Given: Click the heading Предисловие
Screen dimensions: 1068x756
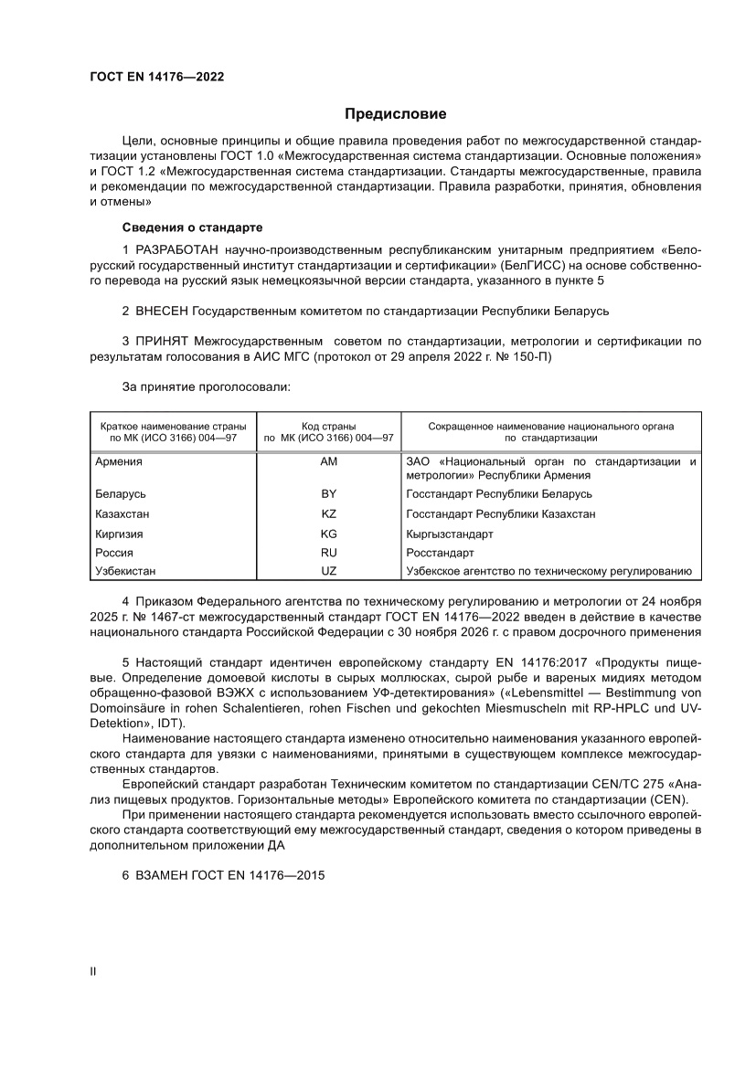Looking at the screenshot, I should coord(395,114).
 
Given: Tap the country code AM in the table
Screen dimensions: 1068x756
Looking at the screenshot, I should coord(329,462).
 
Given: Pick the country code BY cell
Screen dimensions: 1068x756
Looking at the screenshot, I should coord(329,494).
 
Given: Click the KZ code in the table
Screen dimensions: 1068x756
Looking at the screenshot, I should coord(329,514).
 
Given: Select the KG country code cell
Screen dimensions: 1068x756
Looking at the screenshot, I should coord(329,534).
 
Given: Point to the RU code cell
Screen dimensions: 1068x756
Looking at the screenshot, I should coord(329,554).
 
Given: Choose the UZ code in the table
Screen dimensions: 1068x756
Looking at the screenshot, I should coord(329,572).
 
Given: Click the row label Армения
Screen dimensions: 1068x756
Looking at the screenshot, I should coord(119,462).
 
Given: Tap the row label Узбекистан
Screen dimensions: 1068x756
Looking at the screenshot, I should coord(125,572).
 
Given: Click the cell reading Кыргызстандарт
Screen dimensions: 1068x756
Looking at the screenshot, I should coord(450,534).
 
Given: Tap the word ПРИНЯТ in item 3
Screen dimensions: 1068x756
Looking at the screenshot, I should coord(163,342).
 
